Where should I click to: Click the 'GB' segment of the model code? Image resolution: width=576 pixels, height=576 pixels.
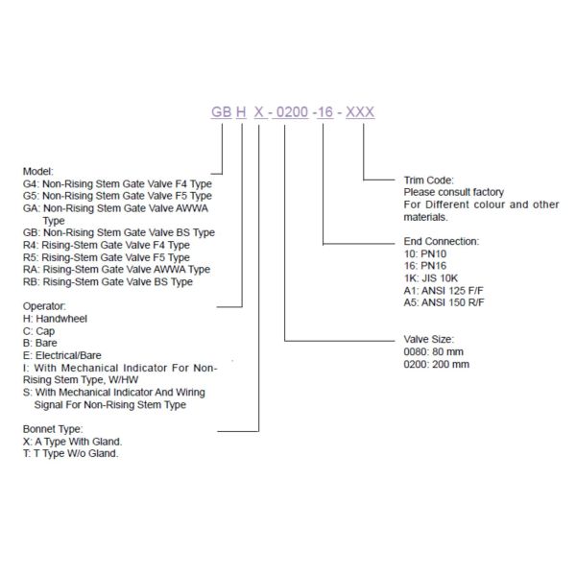[x=222, y=112]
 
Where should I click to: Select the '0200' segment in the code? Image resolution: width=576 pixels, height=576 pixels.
[x=291, y=112]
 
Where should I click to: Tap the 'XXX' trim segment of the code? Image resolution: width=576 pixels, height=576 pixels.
[x=360, y=112]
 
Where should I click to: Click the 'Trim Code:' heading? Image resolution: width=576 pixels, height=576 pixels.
[x=428, y=180]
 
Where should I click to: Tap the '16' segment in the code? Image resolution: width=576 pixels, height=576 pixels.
[x=326, y=112]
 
